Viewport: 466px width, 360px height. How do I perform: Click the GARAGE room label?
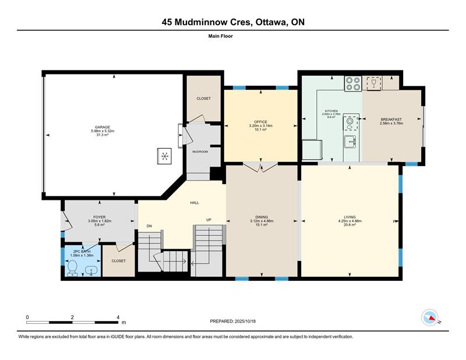(103, 127)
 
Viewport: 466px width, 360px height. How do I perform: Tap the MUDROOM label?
(200, 151)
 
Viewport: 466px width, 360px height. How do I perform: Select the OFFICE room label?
(260, 122)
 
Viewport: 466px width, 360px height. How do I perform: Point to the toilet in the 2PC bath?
(72, 268)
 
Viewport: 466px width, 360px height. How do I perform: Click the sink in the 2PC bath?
(91, 271)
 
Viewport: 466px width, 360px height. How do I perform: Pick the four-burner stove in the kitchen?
(353, 83)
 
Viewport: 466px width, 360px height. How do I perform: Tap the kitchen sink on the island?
(351, 142)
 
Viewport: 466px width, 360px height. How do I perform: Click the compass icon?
(430, 317)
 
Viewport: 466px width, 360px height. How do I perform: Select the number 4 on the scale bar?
(118, 317)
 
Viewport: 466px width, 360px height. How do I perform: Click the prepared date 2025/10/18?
(245, 322)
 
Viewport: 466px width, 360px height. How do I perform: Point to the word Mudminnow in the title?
(212, 22)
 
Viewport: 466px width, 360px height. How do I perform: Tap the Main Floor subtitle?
(221, 36)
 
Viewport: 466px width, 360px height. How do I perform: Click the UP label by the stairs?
(209, 220)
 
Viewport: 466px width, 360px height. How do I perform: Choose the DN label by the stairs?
(149, 226)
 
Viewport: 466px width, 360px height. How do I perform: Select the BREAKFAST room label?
(391, 119)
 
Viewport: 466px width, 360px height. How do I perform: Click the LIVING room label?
(350, 217)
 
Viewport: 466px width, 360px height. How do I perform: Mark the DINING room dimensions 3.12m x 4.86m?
(262, 221)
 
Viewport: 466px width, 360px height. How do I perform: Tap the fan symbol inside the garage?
(164, 156)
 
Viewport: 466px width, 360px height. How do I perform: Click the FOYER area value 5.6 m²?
(99, 225)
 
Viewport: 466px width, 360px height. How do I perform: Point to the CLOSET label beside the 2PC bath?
(119, 261)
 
